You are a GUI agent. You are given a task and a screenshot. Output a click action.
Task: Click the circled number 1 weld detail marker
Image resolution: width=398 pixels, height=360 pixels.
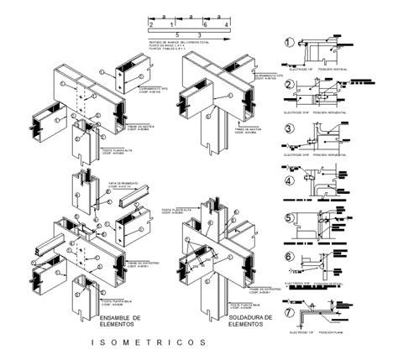click(290, 43)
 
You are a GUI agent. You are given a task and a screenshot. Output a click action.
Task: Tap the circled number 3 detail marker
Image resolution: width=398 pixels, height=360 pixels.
click(290, 128)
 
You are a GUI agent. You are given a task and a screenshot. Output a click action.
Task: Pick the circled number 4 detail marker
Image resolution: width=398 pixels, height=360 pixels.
click(290, 179)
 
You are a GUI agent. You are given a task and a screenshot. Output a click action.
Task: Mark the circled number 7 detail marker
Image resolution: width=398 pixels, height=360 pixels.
click(290, 290)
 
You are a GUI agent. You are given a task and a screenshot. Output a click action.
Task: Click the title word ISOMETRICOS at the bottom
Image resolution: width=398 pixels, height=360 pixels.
click(151, 342)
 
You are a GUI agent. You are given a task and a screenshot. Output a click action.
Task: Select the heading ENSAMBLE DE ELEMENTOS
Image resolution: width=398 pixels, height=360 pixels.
click(127, 321)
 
